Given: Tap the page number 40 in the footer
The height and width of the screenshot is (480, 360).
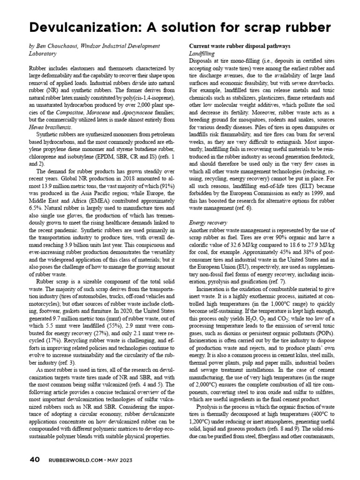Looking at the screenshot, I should coord(34,459).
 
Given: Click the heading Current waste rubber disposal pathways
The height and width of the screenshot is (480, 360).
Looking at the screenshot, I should coord(239,46).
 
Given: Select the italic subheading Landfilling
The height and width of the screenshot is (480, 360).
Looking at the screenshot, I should coord(201,54).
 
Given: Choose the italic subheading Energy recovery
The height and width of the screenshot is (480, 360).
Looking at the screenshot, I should coord(208,222).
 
